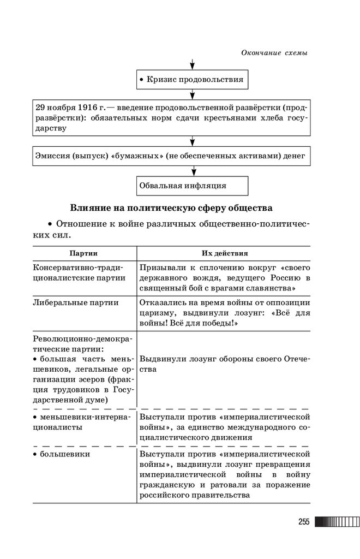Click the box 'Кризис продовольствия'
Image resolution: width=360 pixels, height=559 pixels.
[192, 80]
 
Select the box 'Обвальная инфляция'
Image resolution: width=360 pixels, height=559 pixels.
[192, 186]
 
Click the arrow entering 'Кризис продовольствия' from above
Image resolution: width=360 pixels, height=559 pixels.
[192, 63]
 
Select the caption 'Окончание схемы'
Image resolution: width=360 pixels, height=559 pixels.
[274, 53]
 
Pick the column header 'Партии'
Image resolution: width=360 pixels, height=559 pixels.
[83, 253]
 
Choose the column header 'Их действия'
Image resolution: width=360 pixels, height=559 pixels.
[224, 253]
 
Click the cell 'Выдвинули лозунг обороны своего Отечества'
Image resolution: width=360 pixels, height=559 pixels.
[224, 364]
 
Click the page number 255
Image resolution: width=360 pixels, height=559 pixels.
[304, 522]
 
